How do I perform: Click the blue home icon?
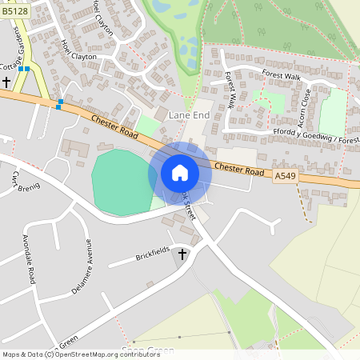[x=180, y=172]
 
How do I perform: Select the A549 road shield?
[x=284, y=175]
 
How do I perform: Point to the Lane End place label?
[x=189, y=116]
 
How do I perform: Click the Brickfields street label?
[x=154, y=253]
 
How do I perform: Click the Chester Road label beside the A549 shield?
[x=239, y=170]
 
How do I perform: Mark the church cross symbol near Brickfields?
[x=182, y=254]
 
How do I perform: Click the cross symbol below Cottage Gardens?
[x=6, y=82]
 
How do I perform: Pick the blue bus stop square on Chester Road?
[x=59, y=102]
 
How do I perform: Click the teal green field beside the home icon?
[x=120, y=182]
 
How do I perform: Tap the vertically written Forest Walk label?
[x=231, y=90]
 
